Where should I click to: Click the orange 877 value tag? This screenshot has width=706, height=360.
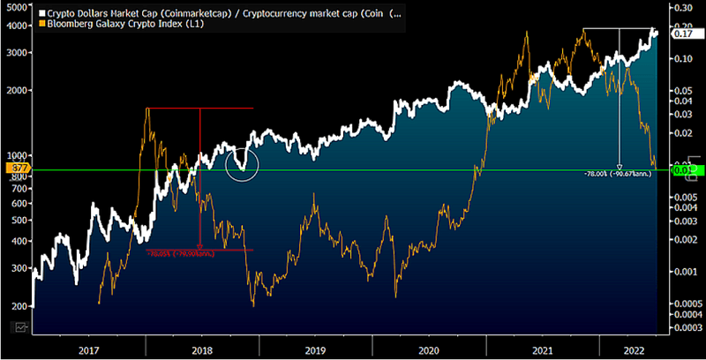click(x=18, y=167)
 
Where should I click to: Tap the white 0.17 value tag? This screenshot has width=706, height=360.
click(x=682, y=34)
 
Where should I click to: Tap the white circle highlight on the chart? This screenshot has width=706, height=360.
click(x=242, y=165)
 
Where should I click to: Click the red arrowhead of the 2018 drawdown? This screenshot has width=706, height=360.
click(x=200, y=248)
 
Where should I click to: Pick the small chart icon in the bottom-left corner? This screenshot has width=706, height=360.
click(x=19, y=327)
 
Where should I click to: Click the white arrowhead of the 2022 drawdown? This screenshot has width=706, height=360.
click(x=620, y=166)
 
